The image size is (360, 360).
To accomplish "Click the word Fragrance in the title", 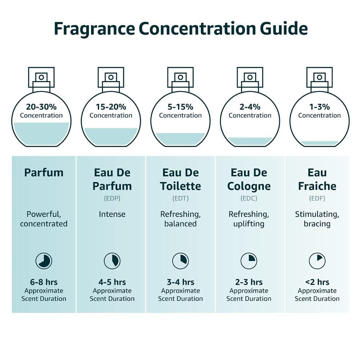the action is click(x=95, y=29).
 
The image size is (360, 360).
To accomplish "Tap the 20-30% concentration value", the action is click(x=41, y=107).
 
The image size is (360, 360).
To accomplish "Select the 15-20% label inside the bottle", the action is click(x=111, y=107).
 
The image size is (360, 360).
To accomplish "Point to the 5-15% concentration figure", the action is click(x=180, y=107).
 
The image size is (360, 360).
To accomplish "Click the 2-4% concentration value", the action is click(x=250, y=107).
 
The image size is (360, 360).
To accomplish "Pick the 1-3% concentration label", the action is click(x=320, y=107).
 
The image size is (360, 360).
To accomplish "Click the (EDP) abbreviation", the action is click(x=112, y=198).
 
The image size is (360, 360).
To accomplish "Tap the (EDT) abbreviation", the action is click(x=180, y=198).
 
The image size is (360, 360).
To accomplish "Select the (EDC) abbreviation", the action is click(x=249, y=198).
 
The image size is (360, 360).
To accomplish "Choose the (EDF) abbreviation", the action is click(x=317, y=198).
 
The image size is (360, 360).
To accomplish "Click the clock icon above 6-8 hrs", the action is click(x=44, y=261).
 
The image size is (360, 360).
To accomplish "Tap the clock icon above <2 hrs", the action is click(x=317, y=261).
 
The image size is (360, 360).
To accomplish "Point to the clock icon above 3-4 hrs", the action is click(x=180, y=261).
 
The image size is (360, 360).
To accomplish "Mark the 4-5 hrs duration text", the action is click(x=112, y=282).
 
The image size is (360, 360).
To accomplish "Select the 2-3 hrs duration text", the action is click(x=249, y=282).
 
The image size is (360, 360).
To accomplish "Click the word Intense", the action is click(x=112, y=214).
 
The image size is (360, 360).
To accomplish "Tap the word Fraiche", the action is click(x=317, y=186).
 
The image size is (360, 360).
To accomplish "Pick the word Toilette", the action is click(x=180, y=186).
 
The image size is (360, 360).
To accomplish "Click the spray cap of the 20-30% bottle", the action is click(x=41, y=77).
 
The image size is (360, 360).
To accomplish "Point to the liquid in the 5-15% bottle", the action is click(x=180, y=139).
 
